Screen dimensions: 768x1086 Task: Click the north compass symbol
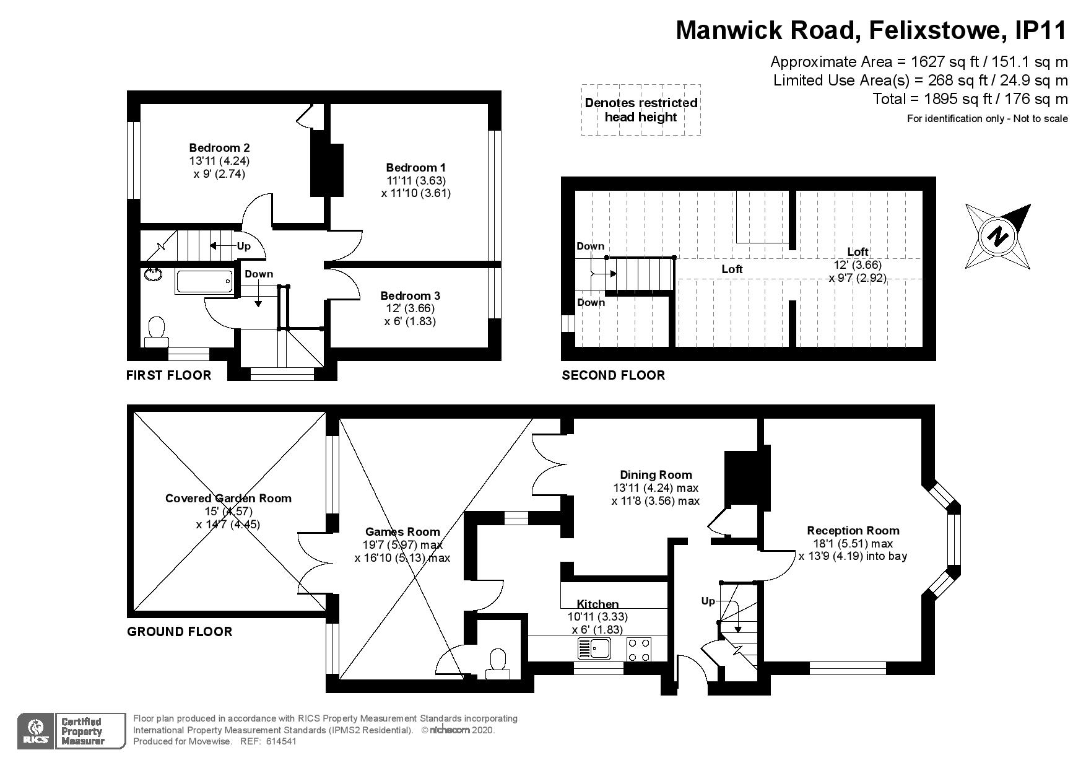(x=997, y=236)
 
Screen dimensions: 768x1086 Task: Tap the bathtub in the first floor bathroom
(x=204, y=282)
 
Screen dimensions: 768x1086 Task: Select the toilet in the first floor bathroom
(x=156, y=332)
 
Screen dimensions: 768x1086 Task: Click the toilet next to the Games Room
(x=498, y=660)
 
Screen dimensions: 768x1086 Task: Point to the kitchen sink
(x=594, y=648)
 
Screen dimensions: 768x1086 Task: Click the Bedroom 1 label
(x=415, y=167)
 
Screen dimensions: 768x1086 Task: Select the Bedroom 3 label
(x=410, y=295)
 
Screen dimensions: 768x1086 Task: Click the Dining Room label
(x=655, y=474)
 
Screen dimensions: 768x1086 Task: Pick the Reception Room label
(x=853, y=530)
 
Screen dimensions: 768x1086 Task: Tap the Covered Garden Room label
(x=228, y=498)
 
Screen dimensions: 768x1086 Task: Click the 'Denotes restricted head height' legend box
(x=641, y=110)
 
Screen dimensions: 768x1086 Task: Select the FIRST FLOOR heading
(x=168, y=375)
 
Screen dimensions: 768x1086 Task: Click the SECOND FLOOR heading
(x=613, y=375)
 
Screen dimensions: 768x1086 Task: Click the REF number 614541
(x=282, y=741)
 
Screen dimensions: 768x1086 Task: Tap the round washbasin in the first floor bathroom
(x=152, y=274)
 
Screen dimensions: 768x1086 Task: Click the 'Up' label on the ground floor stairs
(x=708, y=601)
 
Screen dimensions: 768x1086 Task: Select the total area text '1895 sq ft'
(x=958, y=98)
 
